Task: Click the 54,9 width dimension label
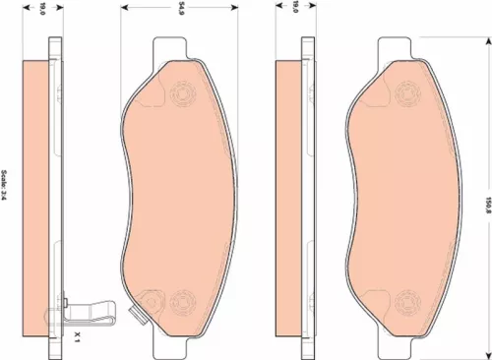[x=181, y=13]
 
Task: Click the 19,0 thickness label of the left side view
[x=41, y=13]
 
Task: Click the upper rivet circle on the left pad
[x=182, y=95]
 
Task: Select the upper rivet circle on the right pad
[x=407, y=95]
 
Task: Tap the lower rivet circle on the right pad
[x=407, y=300]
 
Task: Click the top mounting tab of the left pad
[x=169, y=46]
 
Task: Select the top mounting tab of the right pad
[x=395, y=46]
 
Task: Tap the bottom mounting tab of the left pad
[x=169, y=349]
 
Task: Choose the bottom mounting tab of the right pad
[x=395, y=349]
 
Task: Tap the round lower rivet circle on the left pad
[x=182, y=300]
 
